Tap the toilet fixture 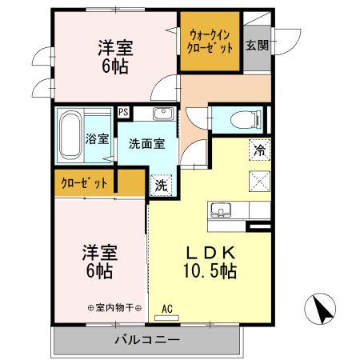[x=245, y=121]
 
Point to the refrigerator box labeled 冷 [x=260, y=149]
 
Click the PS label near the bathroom [x=124, y=112]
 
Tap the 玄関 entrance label [x=258, y=45]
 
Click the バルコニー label [x=146, y=340]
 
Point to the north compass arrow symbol [x=320, y=307]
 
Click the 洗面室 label [x=147, y=145]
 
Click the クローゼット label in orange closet [x=84, y=183]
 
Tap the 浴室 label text [x=98, y=138]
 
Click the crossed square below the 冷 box [x=260, y=178]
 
